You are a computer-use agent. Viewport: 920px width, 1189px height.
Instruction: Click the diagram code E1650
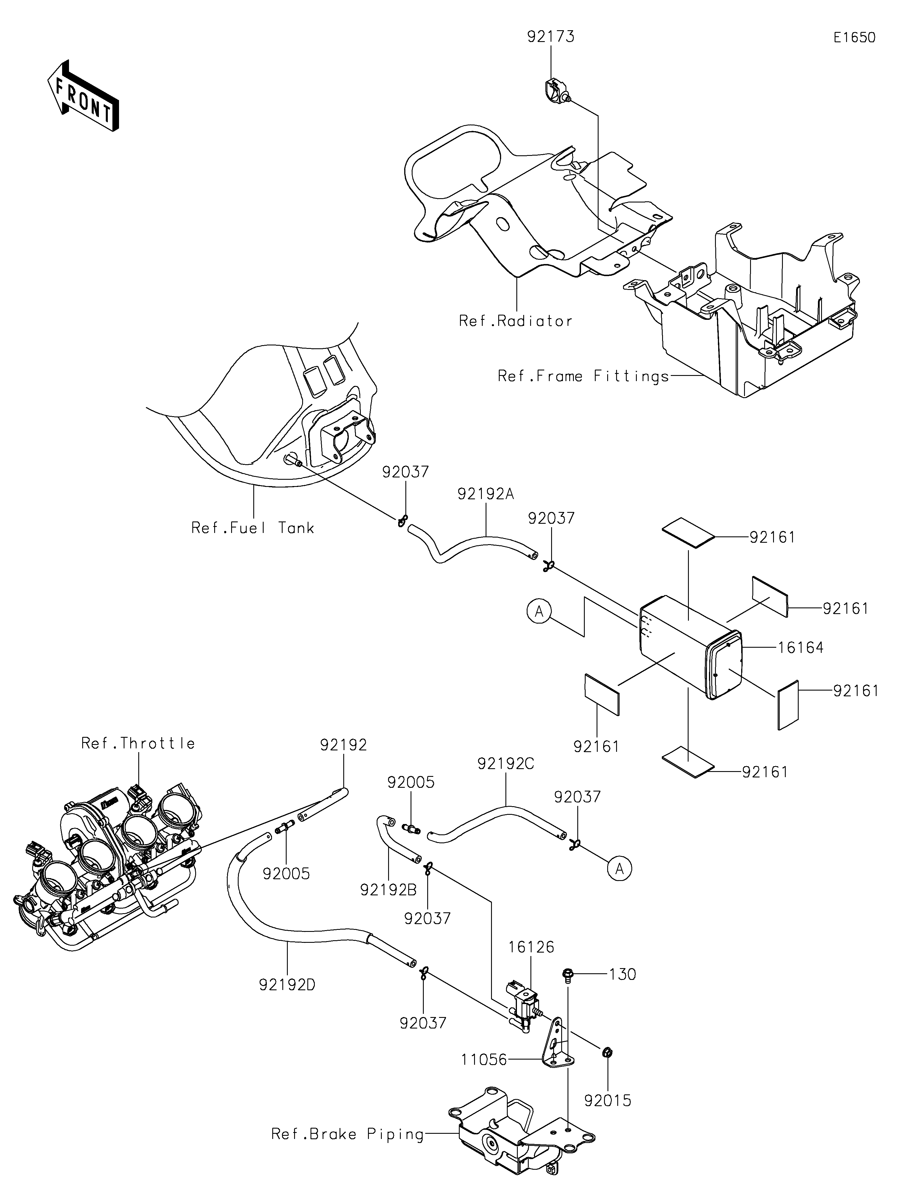click(854, 38)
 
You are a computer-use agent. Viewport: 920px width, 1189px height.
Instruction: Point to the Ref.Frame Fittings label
click(583, 376)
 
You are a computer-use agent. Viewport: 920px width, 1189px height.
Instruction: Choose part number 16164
click(800, 647)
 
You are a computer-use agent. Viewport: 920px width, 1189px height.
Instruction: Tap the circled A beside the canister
click(539, 612)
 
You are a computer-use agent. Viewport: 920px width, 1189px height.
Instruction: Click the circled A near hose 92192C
click(620, 869)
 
